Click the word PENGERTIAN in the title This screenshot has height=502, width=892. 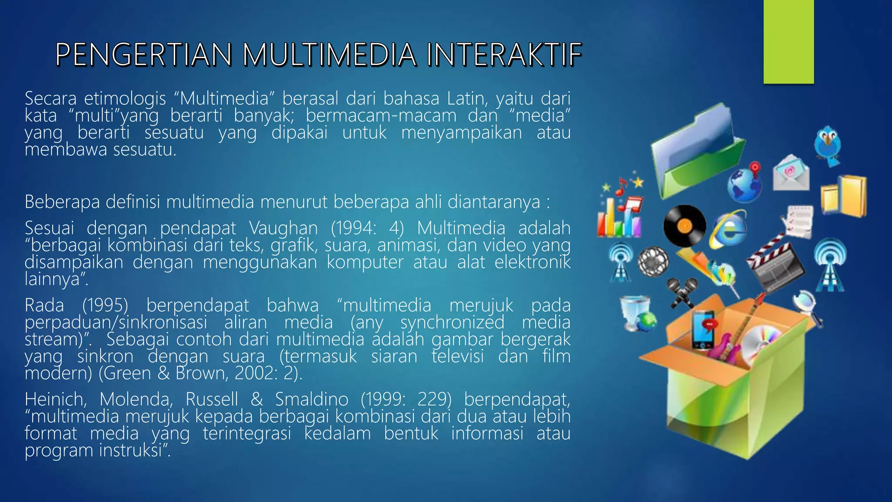click(x=143, y=55)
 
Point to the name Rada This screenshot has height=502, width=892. click(x=44, y=305)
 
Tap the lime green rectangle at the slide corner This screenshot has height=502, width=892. click(x=788, y=42)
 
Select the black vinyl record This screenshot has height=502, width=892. click(x=684, y=225)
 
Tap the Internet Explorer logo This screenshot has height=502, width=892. click(x=728, y=230)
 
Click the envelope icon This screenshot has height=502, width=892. click(x=791, y=173)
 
